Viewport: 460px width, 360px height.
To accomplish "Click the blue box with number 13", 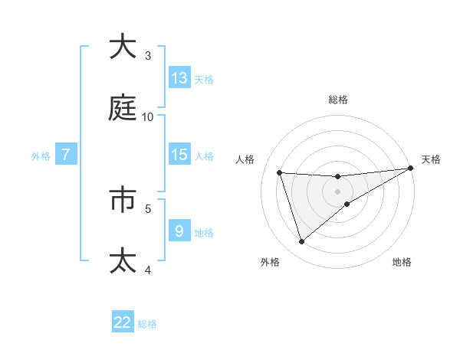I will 179,78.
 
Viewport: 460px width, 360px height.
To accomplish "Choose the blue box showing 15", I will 179,155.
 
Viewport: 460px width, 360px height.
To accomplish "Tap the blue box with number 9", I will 179,231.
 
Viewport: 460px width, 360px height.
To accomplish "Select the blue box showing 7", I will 66,155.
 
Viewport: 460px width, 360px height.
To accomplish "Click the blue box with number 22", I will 123,322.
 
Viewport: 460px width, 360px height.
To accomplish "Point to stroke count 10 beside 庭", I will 148,116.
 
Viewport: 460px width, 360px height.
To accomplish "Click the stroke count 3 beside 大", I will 148,55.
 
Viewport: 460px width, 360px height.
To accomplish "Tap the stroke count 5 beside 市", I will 148,208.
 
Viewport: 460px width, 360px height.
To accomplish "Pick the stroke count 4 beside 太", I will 148,269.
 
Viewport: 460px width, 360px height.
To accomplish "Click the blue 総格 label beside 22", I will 147,324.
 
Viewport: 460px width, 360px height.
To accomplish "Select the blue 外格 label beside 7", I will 41,156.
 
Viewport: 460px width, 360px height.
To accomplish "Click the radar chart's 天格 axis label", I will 431,159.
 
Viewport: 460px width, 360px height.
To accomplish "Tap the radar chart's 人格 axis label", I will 245,159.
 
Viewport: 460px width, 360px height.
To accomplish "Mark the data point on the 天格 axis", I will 411,169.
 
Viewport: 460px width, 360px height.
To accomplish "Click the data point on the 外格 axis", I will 301,242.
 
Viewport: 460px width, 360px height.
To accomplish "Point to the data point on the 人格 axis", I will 280,172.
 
